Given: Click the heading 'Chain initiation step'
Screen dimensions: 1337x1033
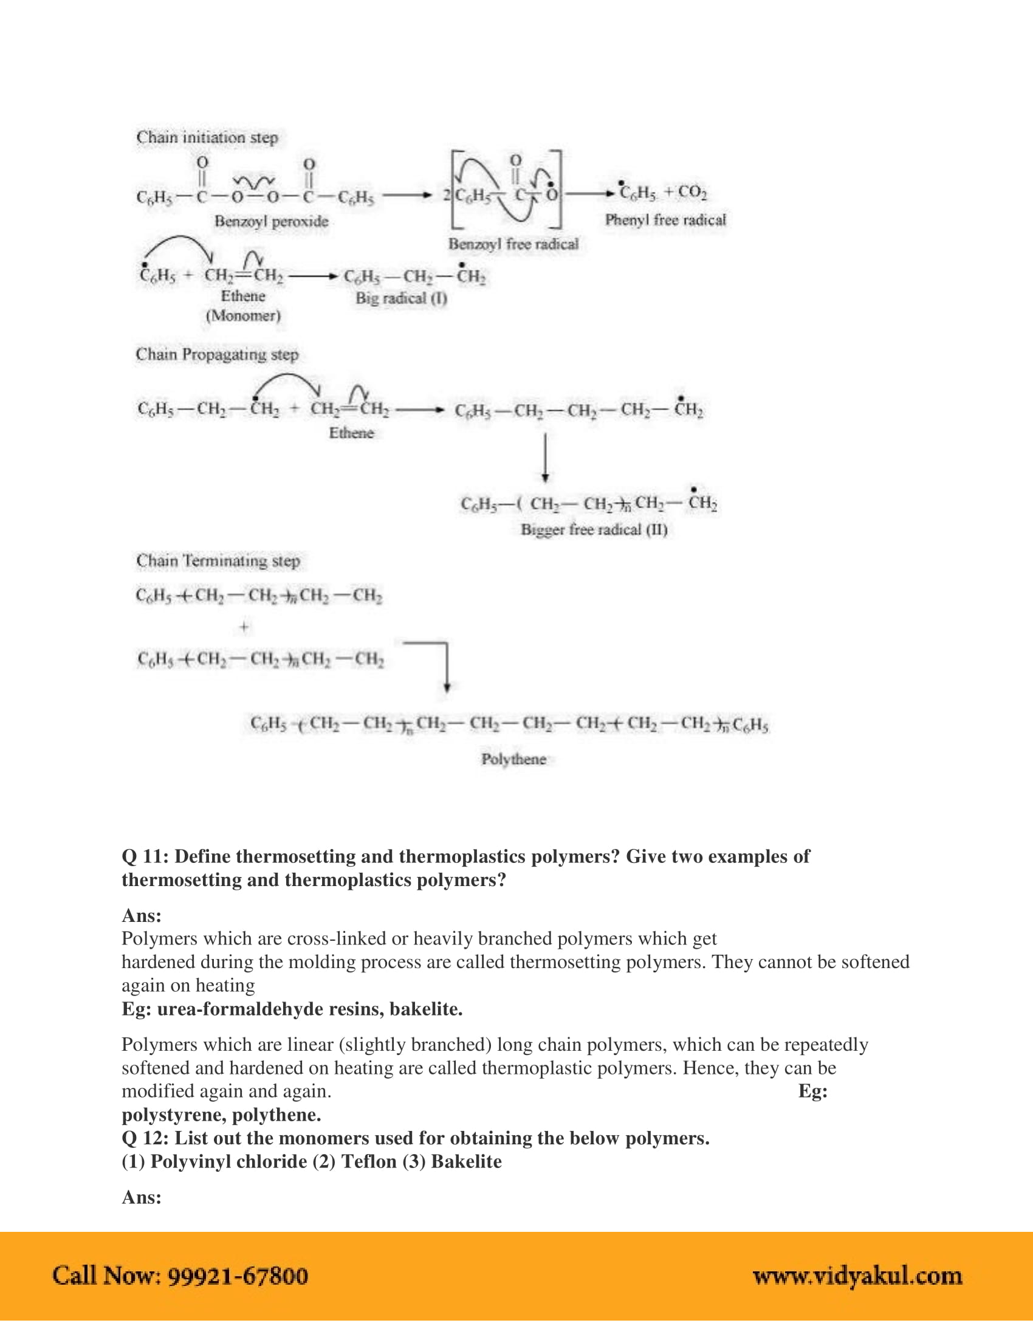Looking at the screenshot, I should point(207,137).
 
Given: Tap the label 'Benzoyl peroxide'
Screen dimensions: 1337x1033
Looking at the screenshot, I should point(271,221).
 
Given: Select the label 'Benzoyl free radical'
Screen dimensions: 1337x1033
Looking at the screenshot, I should point(513,244).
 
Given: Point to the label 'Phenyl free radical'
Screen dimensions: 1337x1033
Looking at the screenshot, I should point(665,220).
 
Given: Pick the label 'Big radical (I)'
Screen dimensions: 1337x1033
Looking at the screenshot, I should point(402,298).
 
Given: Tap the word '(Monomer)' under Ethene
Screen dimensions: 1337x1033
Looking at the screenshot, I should point(243,316).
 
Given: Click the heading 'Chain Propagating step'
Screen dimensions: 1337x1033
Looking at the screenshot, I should point(217,354).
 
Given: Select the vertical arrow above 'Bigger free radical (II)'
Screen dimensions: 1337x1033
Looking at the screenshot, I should point(544,458).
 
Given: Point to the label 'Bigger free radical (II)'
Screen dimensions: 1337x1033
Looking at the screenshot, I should point(594,529).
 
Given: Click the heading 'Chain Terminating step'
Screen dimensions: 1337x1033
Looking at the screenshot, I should point(218,561).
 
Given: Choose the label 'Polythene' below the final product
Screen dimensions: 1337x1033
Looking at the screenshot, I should point(513,759).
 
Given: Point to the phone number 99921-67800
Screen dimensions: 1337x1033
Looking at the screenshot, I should point(238,1276).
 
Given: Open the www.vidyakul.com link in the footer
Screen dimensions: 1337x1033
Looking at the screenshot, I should point(857,1276).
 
